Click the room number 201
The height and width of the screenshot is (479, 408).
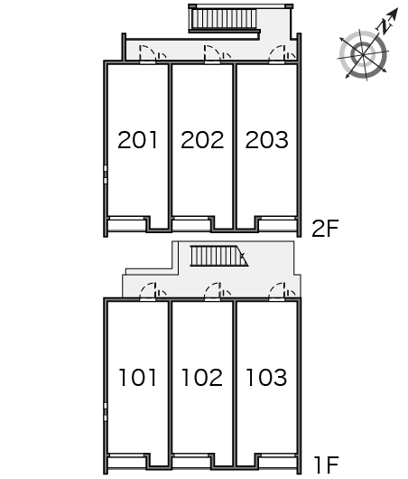(x=137, y=140)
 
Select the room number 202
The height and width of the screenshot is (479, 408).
(x=202, y=140)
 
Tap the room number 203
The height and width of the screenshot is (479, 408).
(x=266, y=140)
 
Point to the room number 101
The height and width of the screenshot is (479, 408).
(x=137, y=377)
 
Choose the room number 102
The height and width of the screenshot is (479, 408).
(x=202, y=377)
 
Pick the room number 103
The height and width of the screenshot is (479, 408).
(x=266, y=377)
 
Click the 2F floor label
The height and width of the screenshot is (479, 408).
(x=325, y=229)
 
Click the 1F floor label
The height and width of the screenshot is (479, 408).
(x=326, y=465)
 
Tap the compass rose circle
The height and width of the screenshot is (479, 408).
(x=363, y=54)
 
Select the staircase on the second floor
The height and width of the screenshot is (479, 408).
(x=224, y=19)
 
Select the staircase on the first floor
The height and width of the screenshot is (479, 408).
(x=219, y=256)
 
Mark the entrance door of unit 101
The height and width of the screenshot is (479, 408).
(x=148, y=292)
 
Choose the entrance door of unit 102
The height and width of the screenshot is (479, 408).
(x=212, y=292)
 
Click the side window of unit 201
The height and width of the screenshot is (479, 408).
(x=106, y=174)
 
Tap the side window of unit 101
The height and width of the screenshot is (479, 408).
(x=106, y=412)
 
